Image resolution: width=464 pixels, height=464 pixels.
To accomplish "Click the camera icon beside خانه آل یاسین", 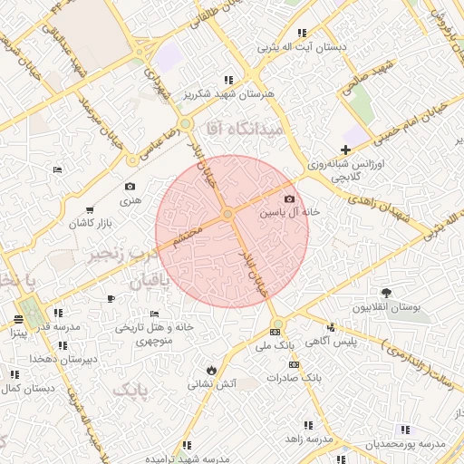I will [289, 199].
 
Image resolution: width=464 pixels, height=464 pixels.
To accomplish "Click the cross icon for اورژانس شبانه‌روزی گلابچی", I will [345, 150].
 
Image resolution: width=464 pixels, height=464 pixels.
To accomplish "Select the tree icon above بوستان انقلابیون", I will [387, 292].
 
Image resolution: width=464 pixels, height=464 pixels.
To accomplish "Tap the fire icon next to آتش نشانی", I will [211, 370].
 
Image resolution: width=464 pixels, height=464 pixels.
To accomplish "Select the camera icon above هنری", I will [130, 187].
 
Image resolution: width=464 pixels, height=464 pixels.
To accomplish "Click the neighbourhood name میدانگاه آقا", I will [246, 130].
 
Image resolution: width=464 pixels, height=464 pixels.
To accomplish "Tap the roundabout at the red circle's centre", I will [228, 214].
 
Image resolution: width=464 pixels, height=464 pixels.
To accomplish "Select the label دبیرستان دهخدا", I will [63, 360].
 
